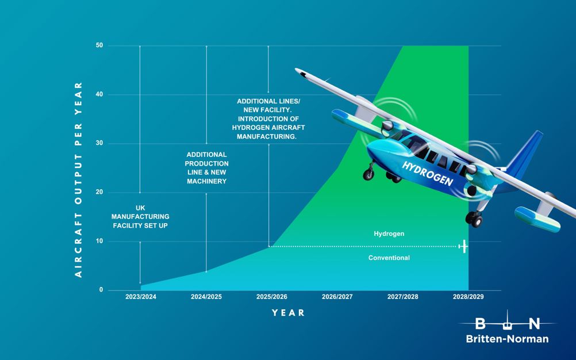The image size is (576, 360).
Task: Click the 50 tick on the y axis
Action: [x=99, y=45]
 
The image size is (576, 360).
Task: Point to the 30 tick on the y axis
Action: [x=99, y=143]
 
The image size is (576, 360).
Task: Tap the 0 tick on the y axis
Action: [x=101, y=290]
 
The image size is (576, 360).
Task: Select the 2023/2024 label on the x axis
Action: [x=141, y=297]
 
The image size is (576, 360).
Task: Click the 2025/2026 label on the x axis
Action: [x=272, y=297]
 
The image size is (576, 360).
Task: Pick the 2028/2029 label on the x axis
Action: [x=469, y=297]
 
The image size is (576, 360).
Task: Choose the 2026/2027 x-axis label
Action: [x=337, y=297]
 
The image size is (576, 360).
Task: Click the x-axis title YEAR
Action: [x=289, y=313]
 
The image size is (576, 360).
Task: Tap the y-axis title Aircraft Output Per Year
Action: [x=78, y=179]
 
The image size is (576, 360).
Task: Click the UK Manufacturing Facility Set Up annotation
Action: [x=140, y=217]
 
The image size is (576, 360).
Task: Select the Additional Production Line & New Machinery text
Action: [x=206, y=168]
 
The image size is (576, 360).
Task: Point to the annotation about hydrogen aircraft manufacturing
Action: [x=268, y=118]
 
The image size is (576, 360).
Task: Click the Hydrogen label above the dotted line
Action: [x=389, y=233]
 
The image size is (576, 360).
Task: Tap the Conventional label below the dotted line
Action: [x=389, y=258]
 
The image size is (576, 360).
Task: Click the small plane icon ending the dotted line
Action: [x=463, y=246]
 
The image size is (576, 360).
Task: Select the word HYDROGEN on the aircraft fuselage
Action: [x=428, y=174]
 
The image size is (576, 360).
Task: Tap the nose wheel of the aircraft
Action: [x=368, y=174]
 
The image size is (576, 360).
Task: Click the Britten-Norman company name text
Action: [x=508, y=339]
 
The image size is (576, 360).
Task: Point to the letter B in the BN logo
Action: [x=480, y=324]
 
